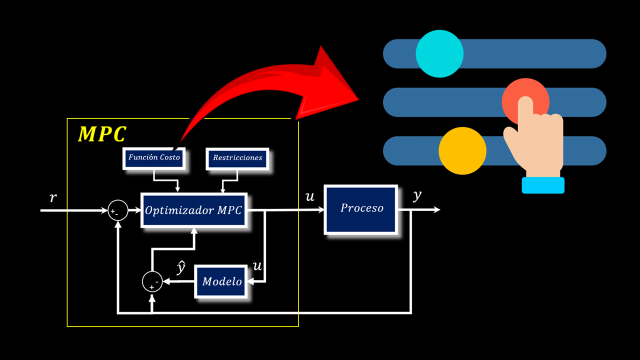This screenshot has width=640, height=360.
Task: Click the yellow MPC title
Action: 102,134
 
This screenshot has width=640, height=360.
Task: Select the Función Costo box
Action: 154,157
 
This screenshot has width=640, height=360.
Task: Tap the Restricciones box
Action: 237,158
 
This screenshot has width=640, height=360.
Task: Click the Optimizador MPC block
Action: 194,210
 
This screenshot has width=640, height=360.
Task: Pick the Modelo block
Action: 221,281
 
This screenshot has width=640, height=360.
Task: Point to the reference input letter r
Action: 53,198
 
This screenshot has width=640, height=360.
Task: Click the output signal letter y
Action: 417,196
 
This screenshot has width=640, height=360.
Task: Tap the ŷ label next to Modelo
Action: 181,267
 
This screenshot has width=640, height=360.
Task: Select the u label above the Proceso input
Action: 310,197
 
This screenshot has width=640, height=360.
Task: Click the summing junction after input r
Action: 117,211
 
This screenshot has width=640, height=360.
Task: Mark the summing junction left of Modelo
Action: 152,282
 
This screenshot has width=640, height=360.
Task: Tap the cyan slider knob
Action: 439,53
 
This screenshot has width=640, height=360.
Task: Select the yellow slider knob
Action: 462,151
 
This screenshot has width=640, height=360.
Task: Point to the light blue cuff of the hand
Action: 543,185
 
